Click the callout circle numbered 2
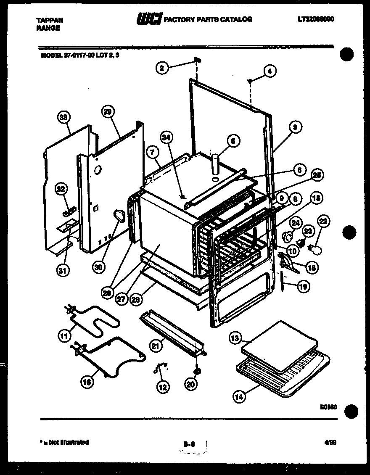[x=162, y=67]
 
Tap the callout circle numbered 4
[x=270, y=71]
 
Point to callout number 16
[x=87, y=381]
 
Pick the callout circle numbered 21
[x=156, y=346]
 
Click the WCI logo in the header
[x=149, y=19]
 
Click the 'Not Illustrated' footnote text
[x=66, y=442]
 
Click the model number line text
[x=80, y=54]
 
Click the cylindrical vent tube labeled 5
[x=216, y=164]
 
